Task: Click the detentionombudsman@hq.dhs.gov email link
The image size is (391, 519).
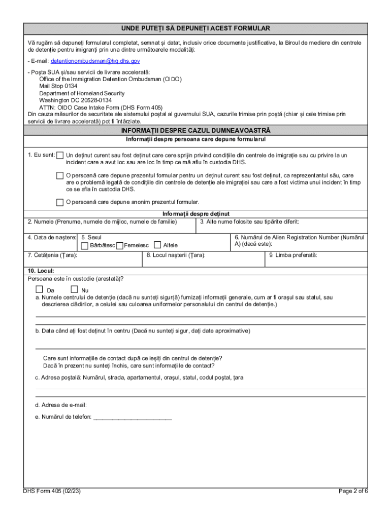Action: click(x=95, y=61)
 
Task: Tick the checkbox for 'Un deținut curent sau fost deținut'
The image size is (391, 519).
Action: click(x=60, y=156)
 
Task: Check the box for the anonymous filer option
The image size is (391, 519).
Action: click(x=60, y=202)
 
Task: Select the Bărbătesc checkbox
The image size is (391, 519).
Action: click(x=85, y=246)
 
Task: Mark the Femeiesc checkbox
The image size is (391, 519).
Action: click(x=120, y=246)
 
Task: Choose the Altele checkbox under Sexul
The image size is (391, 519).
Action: click(x=157, y=246)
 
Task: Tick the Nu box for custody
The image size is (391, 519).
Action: click(x=74, y=289)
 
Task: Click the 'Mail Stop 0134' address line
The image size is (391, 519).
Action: click(x=58, y=86)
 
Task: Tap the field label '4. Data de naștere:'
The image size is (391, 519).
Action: click(x=52, y=237)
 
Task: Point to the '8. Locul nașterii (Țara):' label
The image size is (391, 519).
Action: click(x=176, y=255)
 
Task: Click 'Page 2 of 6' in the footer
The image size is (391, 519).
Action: click(x=353, y=491)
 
